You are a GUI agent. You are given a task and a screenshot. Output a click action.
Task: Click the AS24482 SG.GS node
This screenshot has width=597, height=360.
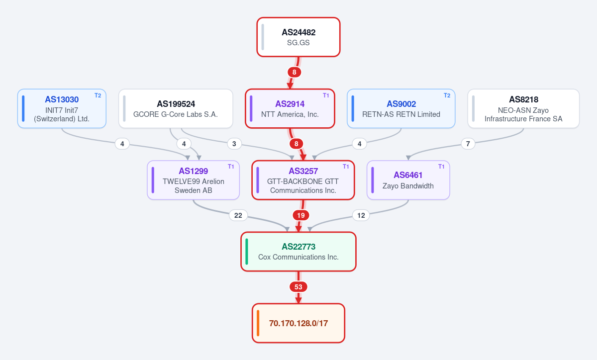(298, 37)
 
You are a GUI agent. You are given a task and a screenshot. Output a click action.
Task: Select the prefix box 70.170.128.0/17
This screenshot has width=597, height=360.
(298, 323)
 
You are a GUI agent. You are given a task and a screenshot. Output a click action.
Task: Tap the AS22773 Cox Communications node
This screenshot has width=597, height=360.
(298, 252)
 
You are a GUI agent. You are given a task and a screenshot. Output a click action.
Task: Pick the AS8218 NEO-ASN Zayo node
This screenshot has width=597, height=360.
(523, 108)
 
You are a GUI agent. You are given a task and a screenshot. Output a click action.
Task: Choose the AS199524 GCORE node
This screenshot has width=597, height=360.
(176, 108)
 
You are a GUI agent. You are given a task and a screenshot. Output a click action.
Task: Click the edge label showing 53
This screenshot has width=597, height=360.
(298, 287)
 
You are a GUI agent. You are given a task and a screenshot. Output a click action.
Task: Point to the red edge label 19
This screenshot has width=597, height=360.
(301, 215)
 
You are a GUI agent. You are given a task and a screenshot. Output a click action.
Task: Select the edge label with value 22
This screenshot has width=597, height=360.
(238, 215)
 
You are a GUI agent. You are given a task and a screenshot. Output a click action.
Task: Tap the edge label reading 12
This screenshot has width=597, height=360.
(361, 215)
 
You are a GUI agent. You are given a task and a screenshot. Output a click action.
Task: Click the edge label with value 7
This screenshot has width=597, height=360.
(468, 144)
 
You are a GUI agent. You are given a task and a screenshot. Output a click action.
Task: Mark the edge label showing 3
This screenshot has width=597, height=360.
(234, 144)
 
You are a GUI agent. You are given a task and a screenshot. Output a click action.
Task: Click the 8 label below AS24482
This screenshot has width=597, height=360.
(294, 72)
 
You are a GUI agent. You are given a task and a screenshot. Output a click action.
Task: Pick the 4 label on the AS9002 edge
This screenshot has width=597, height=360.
(359, 144)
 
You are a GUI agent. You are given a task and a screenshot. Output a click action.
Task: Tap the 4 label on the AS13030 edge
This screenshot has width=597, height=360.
(122, 144)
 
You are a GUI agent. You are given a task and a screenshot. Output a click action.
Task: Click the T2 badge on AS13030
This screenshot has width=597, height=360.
(98, 95)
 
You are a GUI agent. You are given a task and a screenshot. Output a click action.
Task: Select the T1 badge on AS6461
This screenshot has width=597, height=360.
(441, 167)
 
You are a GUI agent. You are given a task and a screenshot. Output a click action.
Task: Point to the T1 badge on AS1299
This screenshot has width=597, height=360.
(231, 167)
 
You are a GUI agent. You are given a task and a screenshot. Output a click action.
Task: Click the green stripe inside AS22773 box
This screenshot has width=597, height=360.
(247, 252)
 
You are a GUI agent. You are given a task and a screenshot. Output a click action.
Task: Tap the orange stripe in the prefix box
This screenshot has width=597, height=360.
(258, 323)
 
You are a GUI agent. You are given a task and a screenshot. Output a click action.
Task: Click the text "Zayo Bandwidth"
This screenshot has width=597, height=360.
(408, 186)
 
